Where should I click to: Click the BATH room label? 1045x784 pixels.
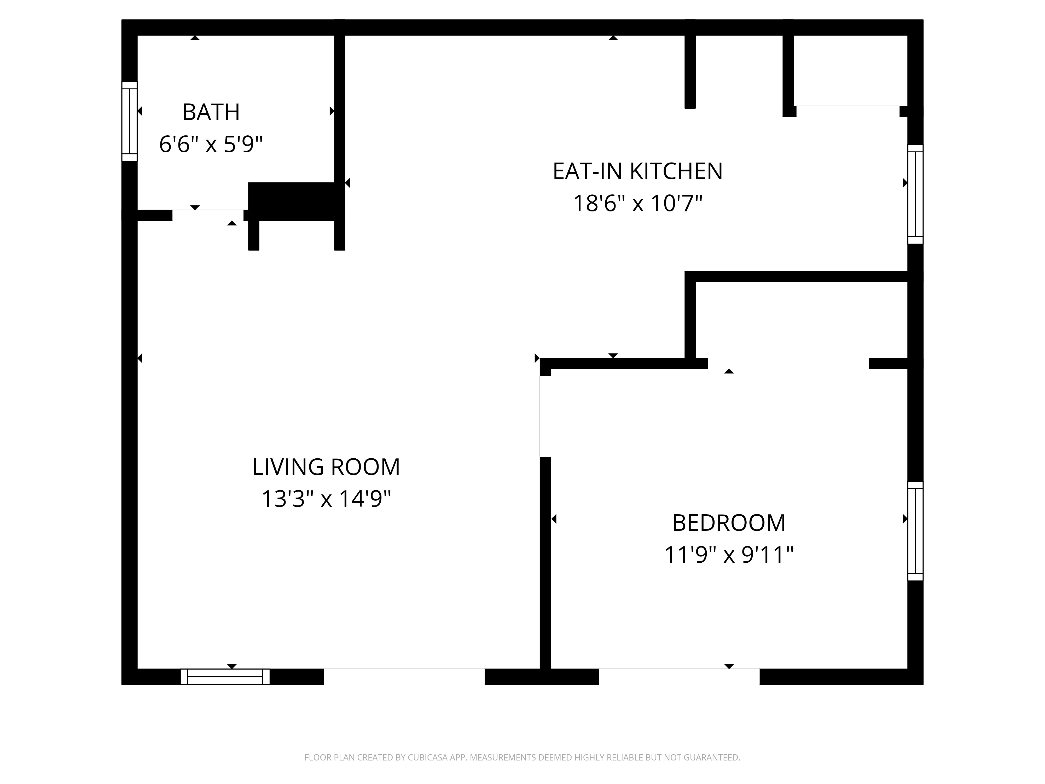[x=211, y=112]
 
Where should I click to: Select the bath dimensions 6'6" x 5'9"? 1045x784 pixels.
[x=211, y=144]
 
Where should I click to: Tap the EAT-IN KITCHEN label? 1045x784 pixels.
[x=638, y=171]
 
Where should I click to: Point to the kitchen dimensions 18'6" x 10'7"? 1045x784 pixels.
[x=638, y=204]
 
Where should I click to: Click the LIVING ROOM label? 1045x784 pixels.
[x=326, y=467]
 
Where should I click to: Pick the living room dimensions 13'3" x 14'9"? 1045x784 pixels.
[x=326, y=499]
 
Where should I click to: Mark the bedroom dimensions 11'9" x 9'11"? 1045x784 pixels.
[x=729, y=555]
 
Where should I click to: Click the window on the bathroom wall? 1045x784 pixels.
[x=129, y=122]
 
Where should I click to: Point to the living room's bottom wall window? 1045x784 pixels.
[x=225, y=677]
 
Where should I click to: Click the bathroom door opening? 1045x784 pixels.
[x=208, y=215]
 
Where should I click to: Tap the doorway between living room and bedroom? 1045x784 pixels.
[x=545, y=416]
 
